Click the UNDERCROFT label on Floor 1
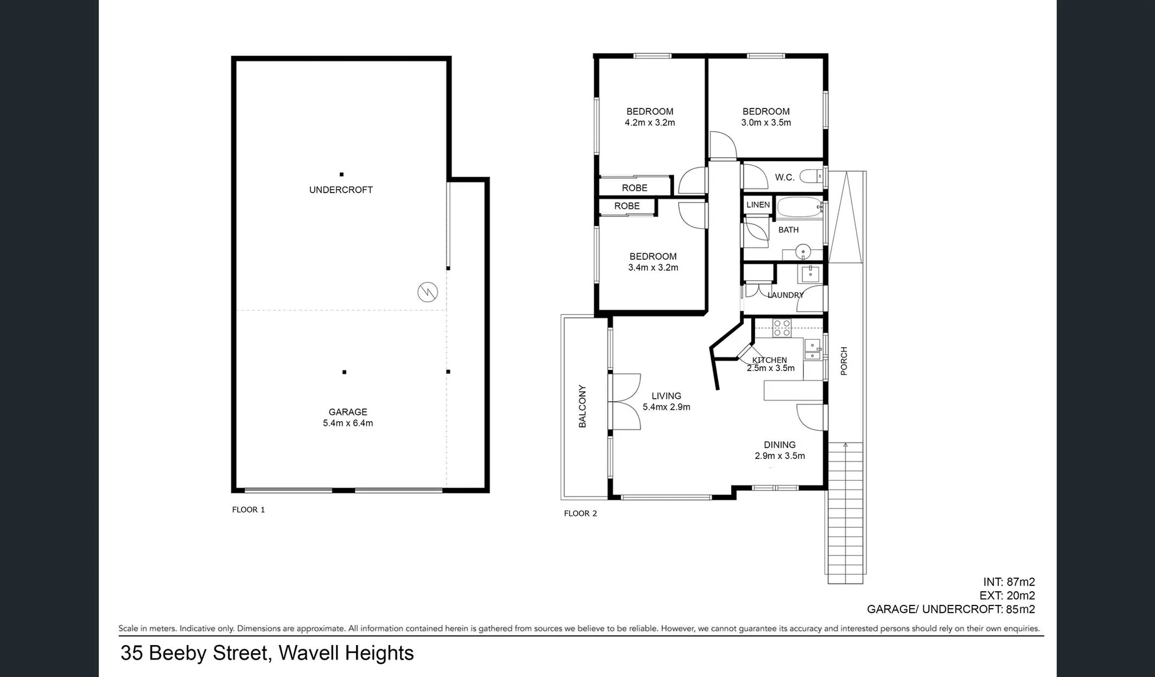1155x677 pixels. pos(340,190)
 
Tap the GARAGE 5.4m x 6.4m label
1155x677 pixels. pos(347,417)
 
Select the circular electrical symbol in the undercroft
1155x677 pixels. pos(428,292)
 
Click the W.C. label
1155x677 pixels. pos(784,177)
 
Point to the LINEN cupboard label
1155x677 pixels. pos(757,205)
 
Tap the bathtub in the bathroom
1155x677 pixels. pos(799,207)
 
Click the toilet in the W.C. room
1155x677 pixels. pos(812,177)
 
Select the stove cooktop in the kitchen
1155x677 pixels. pos(782,327)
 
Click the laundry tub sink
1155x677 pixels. pos(810,273)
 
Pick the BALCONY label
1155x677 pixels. pos(583,406)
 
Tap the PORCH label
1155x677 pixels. pos(844,361)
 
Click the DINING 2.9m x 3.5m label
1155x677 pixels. pos(779,450)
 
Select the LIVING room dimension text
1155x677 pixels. pos(666,407)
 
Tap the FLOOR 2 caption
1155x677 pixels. pos(580,513)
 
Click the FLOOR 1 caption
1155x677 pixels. pos(248,510)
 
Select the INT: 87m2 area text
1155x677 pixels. pos(1008,582)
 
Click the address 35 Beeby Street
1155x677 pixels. pos(266,653)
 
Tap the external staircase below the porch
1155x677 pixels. pos(845,514)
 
